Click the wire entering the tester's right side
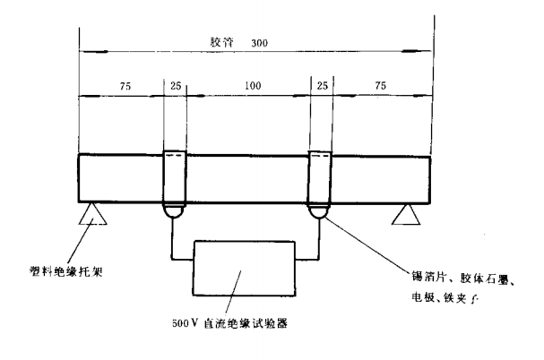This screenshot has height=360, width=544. (x=307, y=260)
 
